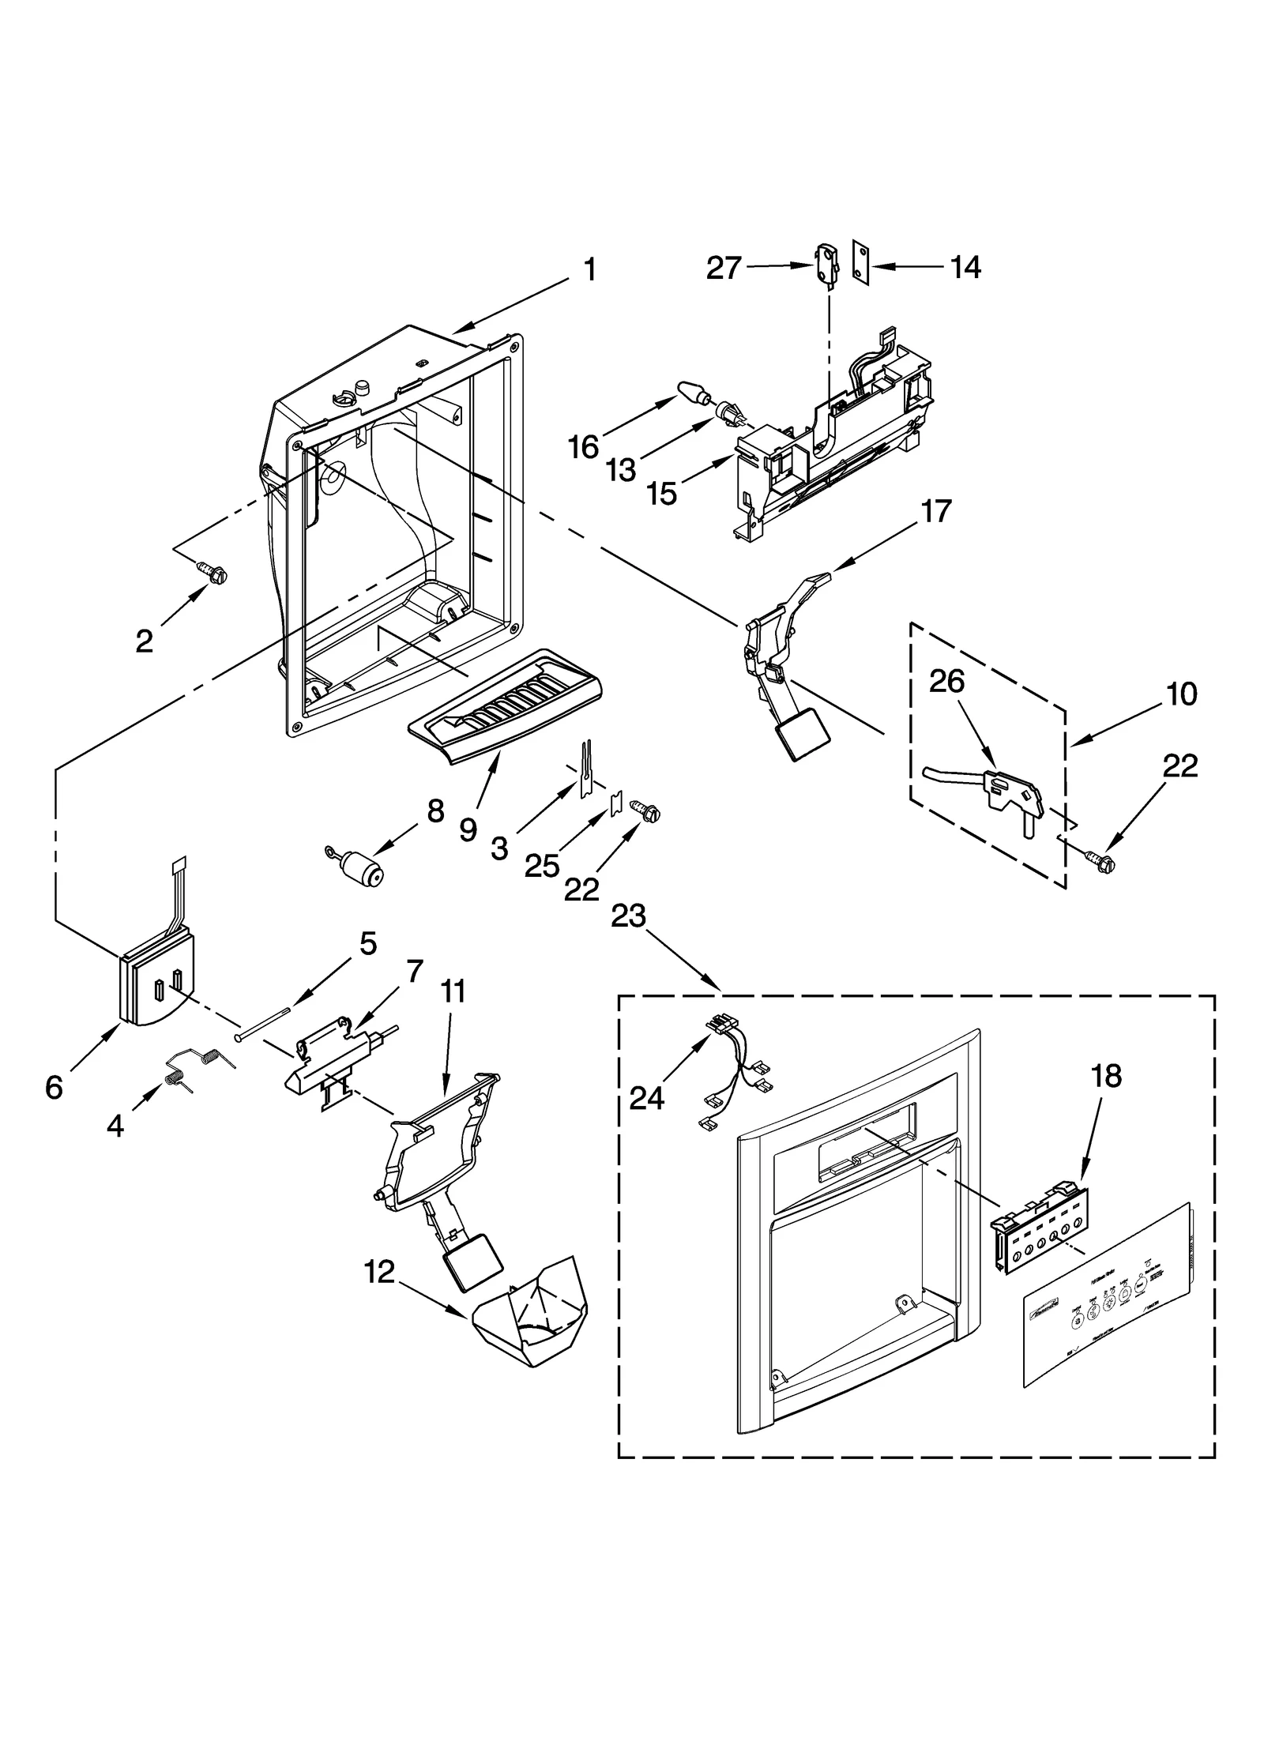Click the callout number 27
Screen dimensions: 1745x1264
click(723, 269)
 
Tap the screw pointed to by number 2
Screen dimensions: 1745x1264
click(212, 570)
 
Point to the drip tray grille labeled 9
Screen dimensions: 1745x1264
click(502, 705)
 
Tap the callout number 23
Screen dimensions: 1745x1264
click(628, 916)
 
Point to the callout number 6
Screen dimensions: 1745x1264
click(53, 1088)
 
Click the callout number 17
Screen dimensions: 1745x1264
click(935, 511)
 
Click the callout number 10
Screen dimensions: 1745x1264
click(1181, 694)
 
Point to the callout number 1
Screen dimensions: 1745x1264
click(589, 270)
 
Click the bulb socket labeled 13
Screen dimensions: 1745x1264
click(729, 411)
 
